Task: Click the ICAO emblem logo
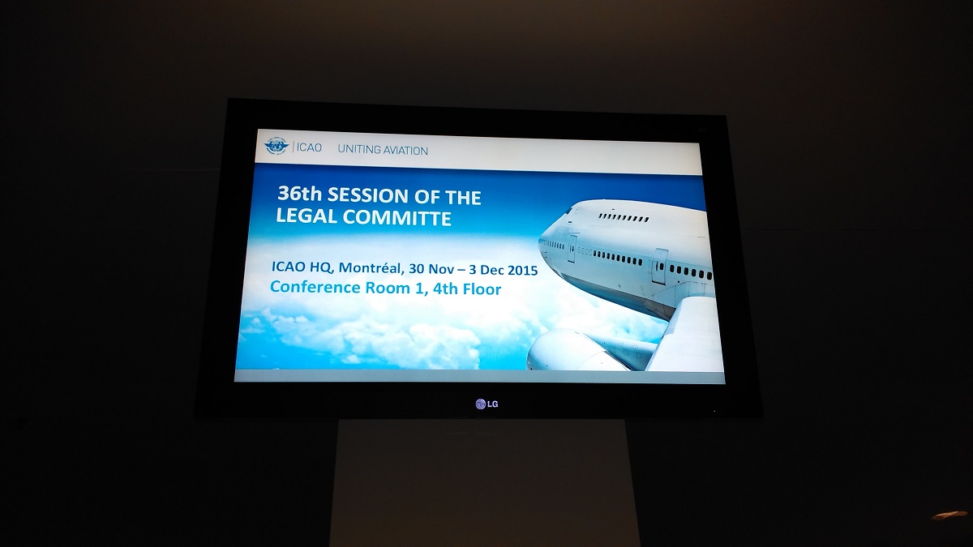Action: pyautogui.click(x=276, y=147)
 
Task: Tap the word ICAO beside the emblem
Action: pyautogui.click(x=309, y=147)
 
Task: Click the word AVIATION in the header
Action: pyautogui.click(x=406, y=151)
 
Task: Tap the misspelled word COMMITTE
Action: pyautogui.click(x=397, y=218)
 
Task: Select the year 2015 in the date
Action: pyautogui.click(x=522, y=270)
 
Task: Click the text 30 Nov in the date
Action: pyautogui.click(x=431, y=269)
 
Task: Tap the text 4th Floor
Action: pyautogui.click(x=467, y=289)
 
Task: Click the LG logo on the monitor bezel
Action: pyautogui.click(x=486, y=404)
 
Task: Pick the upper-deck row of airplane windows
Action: pyautogui.click(x=624, y=217)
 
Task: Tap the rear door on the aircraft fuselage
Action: pyautogui.click(x=659, y=267)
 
